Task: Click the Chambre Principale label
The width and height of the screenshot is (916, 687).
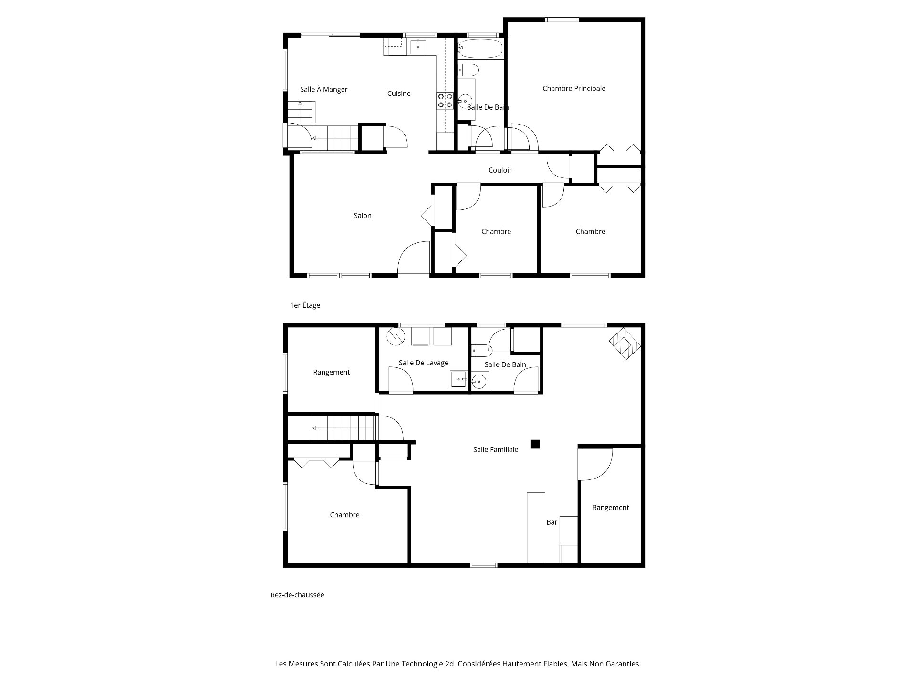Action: pos(574,88)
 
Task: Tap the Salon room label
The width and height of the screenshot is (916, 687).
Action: pos(363,216)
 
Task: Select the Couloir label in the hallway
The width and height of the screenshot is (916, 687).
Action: pos(500,170)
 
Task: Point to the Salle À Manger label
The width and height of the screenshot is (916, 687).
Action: pos(323,89)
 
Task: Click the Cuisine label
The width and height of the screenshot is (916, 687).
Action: pos(399,94)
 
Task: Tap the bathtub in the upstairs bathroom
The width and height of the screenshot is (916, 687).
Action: pos(480,48)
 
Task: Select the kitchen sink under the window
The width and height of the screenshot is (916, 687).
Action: pos(418,47)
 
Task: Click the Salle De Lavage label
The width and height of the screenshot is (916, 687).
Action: pos(424,363)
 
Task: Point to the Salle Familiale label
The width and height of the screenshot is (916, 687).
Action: pos(496,449)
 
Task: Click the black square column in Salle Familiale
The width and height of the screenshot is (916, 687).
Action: pos(535,444)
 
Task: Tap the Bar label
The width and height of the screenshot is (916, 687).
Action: pos(552,522)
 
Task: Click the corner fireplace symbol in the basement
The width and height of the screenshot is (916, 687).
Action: pos(625,343)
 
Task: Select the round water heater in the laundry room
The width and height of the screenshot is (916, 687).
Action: pos(395,336)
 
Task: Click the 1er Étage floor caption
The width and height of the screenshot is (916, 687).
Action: pos(305,305)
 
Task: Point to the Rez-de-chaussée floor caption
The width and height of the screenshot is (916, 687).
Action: pos(297,595)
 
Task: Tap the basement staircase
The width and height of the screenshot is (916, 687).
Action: pos(343,428)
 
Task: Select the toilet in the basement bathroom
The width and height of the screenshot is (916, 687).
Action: pos(481,351)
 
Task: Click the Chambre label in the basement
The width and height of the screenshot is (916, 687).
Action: pos(344,515)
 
